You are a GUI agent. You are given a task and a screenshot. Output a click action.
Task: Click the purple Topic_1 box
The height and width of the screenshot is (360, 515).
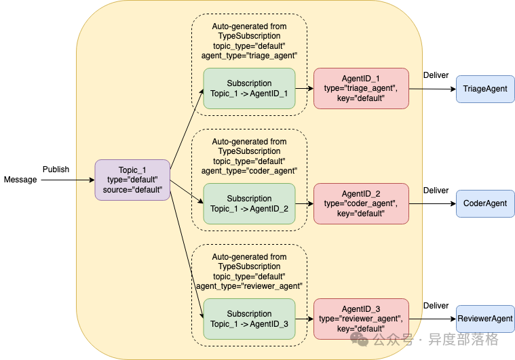pos(132,180)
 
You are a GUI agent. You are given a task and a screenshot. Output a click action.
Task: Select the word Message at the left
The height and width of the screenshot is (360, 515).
pos(20,180)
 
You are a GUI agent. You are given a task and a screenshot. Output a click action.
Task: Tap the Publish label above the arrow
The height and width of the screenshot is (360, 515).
pos(56,169)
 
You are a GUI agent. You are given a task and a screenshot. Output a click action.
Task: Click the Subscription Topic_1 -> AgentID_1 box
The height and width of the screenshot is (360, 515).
pos(249,88)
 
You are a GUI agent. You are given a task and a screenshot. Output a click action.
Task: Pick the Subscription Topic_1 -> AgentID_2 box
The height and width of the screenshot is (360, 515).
pos(249,203)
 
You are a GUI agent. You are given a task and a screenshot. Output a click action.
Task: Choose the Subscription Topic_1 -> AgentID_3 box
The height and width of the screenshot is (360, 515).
pos(249,319)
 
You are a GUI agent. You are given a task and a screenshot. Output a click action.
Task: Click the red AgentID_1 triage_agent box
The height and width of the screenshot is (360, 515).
pos(361,88)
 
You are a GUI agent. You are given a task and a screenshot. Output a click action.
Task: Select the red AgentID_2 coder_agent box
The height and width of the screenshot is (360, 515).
pos(361,203)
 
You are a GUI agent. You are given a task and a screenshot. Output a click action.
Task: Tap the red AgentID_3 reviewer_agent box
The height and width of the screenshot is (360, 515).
pos(361,319)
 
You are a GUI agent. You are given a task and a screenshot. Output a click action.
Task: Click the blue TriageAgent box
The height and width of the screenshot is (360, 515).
pos(485,89)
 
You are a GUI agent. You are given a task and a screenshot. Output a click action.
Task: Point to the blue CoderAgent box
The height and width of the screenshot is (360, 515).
pos(485,203)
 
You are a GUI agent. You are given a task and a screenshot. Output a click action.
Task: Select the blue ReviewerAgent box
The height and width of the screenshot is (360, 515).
pos(485,319)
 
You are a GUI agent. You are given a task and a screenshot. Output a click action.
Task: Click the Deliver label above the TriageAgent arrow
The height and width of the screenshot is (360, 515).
pos(436,75)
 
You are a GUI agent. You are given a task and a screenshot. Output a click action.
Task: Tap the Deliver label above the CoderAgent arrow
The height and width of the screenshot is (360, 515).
pos(436,191)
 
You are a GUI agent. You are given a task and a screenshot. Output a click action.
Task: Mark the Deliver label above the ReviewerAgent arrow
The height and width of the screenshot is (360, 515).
pos(436,306)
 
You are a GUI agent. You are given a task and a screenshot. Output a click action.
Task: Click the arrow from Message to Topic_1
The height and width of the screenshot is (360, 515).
pos(68,180)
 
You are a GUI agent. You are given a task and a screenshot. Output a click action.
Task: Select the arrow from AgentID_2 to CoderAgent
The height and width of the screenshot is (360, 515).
pos(433,204)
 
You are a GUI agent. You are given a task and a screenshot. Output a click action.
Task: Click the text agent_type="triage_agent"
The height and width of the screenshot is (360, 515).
pos(249,56)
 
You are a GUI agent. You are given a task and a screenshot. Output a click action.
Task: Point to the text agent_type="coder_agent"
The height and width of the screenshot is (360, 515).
pos(249,171)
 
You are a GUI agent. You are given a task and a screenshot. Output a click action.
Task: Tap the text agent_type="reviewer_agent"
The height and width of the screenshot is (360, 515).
pos(249,286)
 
